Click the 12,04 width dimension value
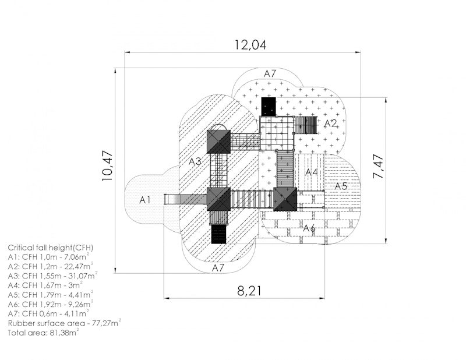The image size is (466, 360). coord(250,45)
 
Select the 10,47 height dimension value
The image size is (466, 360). coord(108,166)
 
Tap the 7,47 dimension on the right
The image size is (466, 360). coord(378,166)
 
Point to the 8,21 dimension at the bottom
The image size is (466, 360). coord(250,291)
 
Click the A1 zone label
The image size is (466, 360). coord(145,200)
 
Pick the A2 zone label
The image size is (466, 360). coord(330,123)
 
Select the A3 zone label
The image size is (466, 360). coord(195,162)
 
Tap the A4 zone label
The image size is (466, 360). coord(312,172)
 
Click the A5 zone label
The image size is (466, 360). coord(341,186)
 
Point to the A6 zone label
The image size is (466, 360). coord(309,228)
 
